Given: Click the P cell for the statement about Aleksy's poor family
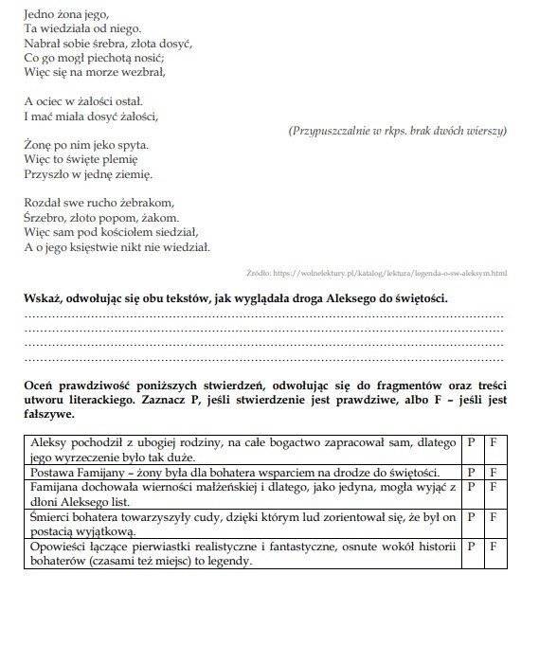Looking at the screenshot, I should (471, 442).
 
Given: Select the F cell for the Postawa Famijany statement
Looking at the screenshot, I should (493, 472).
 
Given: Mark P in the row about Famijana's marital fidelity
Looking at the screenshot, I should (471, 487).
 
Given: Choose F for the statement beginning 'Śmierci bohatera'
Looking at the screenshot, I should (493, 518).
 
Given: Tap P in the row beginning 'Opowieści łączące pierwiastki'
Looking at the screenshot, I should (471, 547).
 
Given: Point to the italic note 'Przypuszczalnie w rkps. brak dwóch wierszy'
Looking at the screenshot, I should (397, 130).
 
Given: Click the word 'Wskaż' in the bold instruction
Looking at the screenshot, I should (42, 299).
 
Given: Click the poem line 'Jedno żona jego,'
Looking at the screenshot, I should (64, 14).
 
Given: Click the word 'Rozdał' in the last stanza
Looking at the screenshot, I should (42, 202).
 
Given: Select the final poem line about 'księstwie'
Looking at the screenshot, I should (117, 247).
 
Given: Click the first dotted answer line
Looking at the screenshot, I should (263, 314).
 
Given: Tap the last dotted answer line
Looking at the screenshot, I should (263, 360).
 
